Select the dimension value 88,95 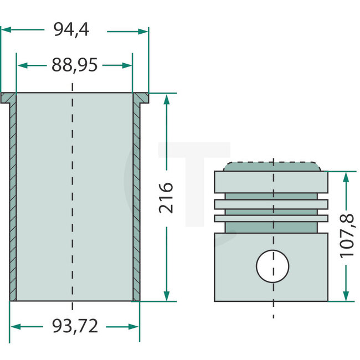(74, 65)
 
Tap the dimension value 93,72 (74, 326)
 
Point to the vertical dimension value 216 (166, 197)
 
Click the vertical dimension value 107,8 (347, 236)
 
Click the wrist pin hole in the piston (272, 265)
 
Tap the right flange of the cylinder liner (141, 99)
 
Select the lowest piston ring (272, 218)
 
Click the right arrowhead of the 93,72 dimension (136, 327)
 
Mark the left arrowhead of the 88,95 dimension (21, 65)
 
